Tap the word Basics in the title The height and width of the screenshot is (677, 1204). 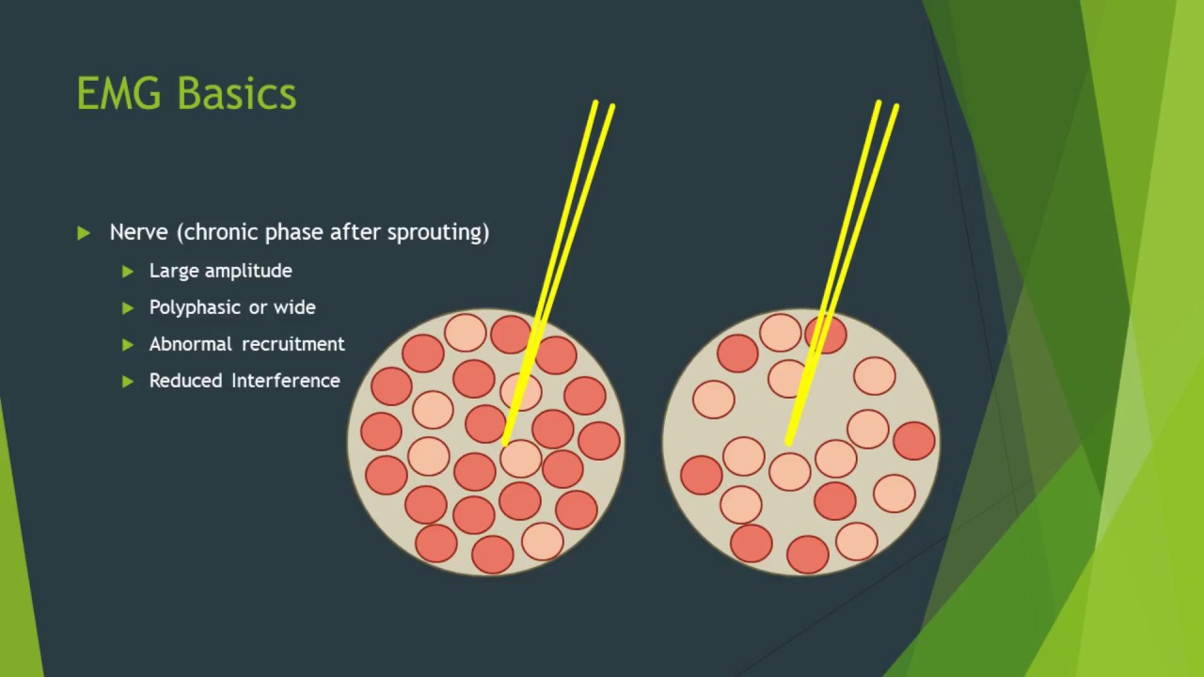click(236, 94)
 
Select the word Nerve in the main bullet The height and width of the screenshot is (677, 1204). click(138, 232)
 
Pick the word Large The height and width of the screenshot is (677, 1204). click(170, 271)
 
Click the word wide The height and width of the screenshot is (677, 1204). click(294, 307)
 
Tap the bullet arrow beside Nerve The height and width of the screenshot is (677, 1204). click(85, 232)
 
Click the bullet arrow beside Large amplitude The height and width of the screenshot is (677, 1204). click(128, 271)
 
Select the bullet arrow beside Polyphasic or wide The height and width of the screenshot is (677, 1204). click(128, 307)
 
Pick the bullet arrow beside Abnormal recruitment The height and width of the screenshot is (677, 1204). click(128, 344)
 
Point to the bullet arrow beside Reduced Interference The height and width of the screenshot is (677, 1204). click(128, 381)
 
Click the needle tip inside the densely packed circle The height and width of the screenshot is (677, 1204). click(506, 442)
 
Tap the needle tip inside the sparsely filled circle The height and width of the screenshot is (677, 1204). click(788, 442)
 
